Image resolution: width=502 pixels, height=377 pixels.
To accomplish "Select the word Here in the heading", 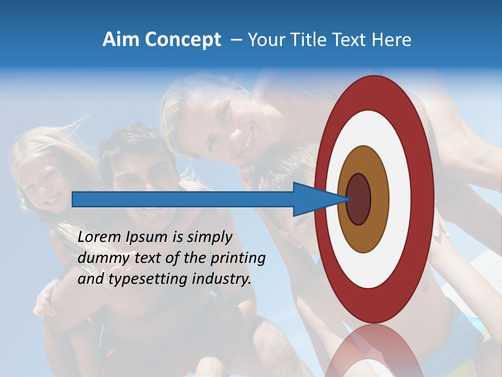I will click(x=392, y=40).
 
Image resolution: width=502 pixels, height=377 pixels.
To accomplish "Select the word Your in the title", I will click(x=265, y=40).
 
